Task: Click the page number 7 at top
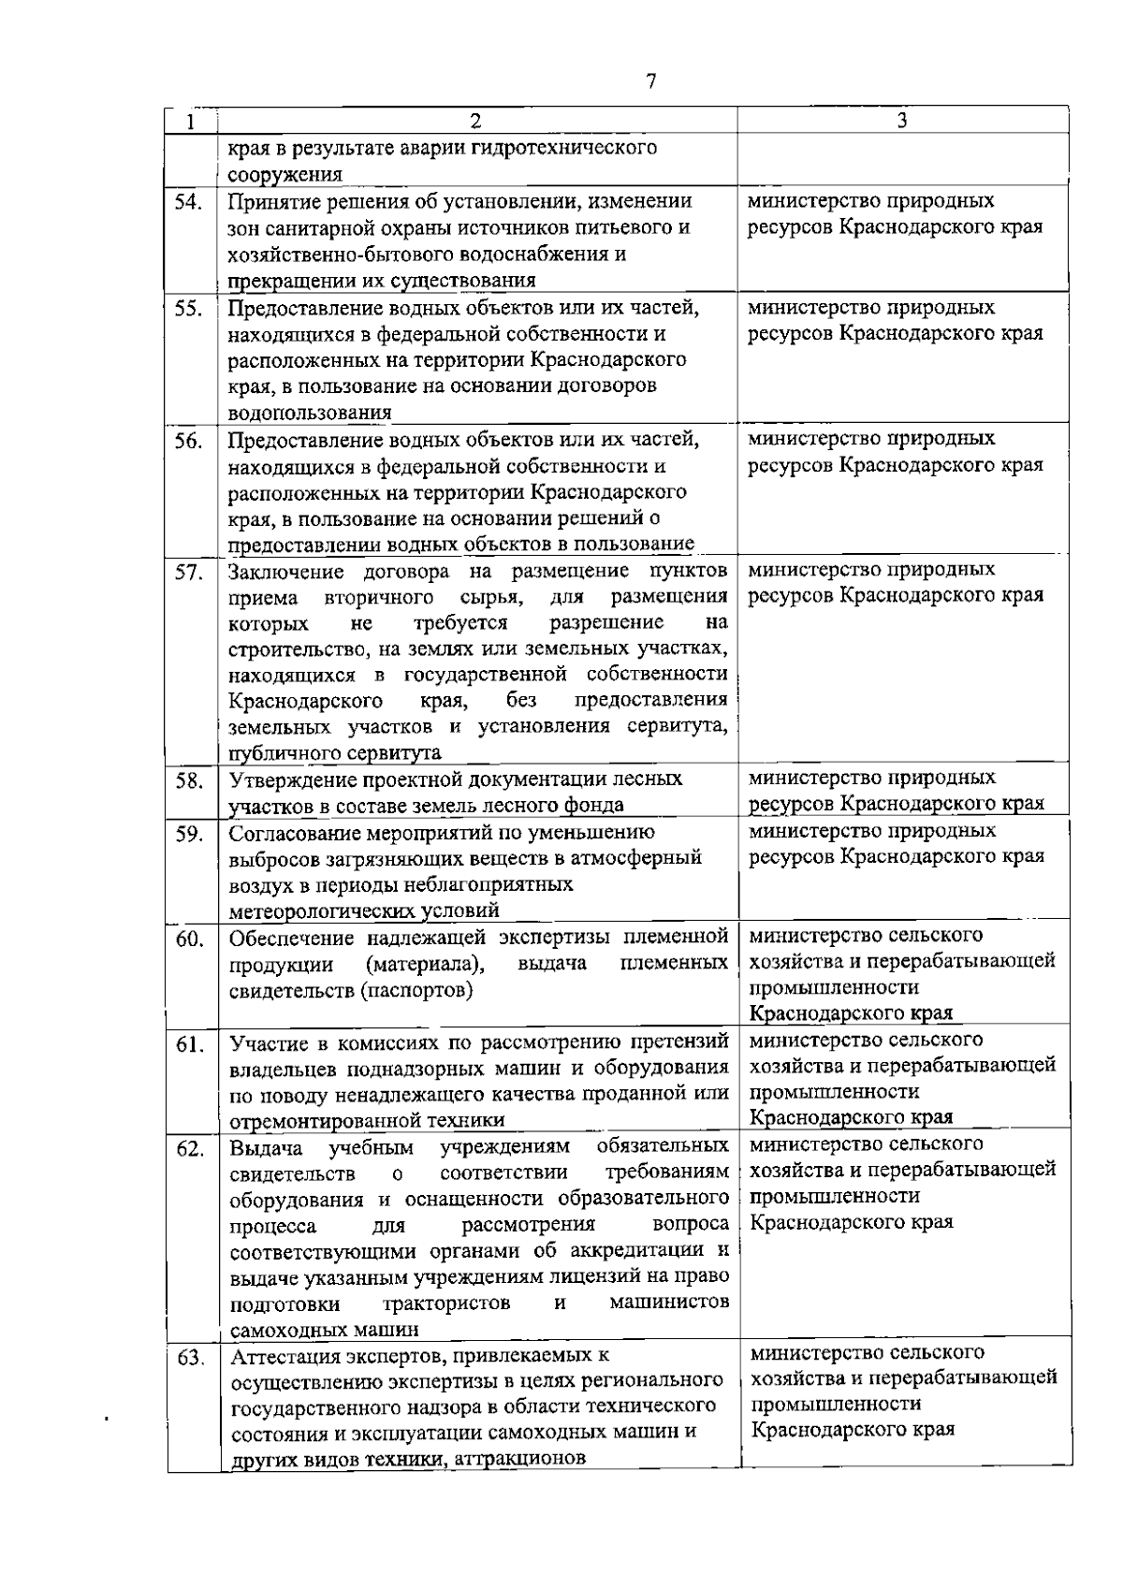tap(652, 81)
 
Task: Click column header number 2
tap(475, 121)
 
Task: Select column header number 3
tap(901, 120)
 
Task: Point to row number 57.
tap(190, 573)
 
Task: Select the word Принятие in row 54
tap(267, 201)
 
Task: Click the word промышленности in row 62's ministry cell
tap(836, 1196)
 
